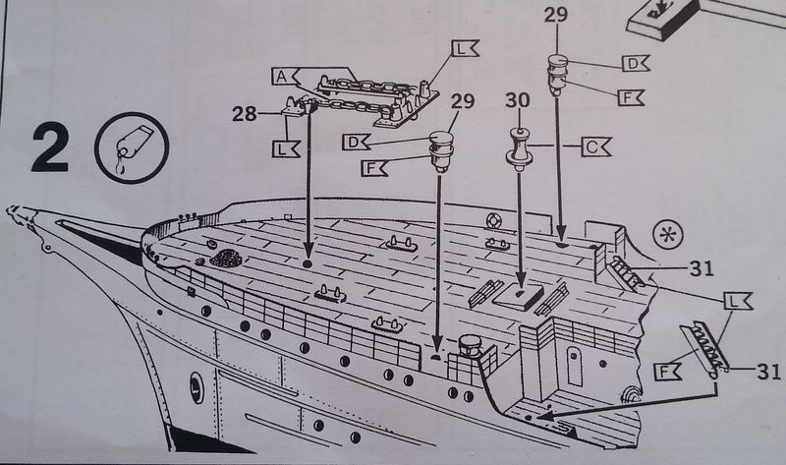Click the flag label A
pyautogui.click(x=282, y=76)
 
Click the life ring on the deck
pyautogui.click(x=494, y=242)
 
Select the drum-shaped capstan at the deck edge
pyautogui.click(x=468, y=347)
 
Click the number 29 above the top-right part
pyautogui.click(x=556, y=16)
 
